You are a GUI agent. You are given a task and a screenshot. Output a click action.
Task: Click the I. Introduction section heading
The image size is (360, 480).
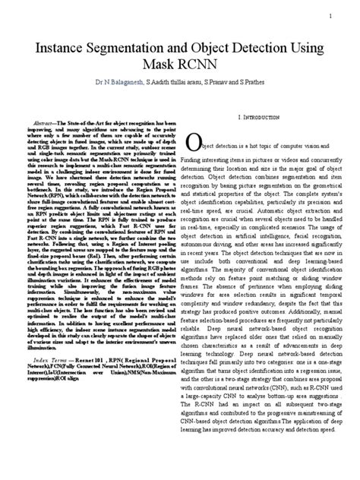pyautogui.click(x=263, y=120)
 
